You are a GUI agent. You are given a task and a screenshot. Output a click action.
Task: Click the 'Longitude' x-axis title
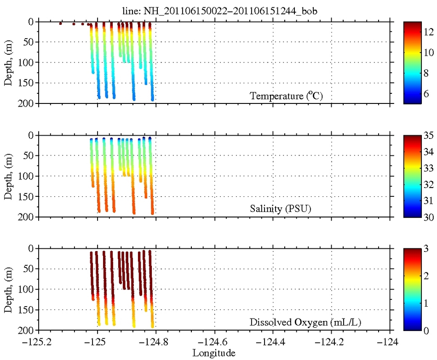click(x=214, y=353)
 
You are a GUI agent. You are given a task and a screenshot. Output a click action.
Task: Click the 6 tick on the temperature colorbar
click(x=425, y=92)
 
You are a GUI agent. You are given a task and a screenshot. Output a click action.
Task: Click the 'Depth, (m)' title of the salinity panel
click(x=8, y=176)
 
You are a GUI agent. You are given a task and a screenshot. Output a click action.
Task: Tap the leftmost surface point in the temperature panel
click(x=60, y=23)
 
